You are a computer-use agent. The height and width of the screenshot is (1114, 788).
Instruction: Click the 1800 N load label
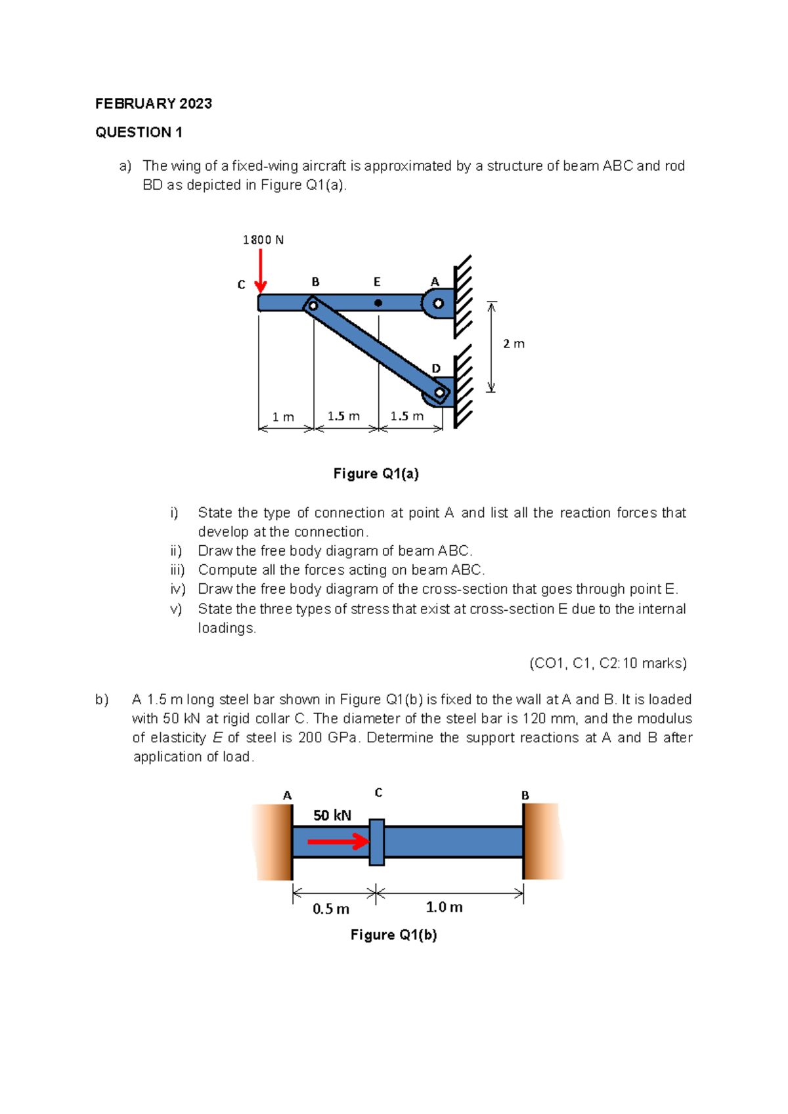pyautogui.click(x=263, y=240)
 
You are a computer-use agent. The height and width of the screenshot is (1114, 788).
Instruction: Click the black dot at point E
pyautogui.click(x=378, y=303)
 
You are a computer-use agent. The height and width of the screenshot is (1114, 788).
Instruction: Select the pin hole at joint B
pyautogui.click(x=313, y=305)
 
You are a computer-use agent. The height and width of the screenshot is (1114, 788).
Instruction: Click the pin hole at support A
pyautogui.click(x=438, y=303)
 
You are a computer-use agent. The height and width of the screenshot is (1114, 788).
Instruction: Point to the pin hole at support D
pyautogui.click(x=439, y=393)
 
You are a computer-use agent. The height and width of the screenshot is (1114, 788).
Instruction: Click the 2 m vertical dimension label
pyautogui.click(x=514, y=344)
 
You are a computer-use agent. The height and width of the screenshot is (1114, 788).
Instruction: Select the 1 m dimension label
pyautogui.click(x=283, y=417)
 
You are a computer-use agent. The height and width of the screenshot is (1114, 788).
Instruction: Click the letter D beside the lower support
pyautogui.click(x=436, y=368)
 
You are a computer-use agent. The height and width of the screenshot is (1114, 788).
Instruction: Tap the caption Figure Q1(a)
pyautogui.click(x=376, y=474)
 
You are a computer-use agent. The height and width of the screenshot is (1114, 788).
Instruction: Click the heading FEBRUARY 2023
pyautogui.click(x=154, y=104)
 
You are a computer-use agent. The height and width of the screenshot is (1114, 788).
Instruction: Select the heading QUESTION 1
pyautogui.click(x=139, y=133)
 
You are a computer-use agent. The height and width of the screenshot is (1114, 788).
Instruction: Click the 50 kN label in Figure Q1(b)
pyautogui.click(x=332, y=815)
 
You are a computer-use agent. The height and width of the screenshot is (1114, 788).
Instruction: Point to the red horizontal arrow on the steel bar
pyautogui.click(x=338, y=841)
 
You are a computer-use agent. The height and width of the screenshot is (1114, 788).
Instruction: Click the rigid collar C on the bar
pyautogui.click(x=376, y=842)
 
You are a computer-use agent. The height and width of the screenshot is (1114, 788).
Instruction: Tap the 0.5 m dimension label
pyautogui.click(x=330, y=909)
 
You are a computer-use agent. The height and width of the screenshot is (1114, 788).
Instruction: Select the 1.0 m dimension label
pyautogui.click(x=444, y=907)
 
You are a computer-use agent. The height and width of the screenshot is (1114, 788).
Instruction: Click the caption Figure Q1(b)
pyautogui.click(x=393, y=935)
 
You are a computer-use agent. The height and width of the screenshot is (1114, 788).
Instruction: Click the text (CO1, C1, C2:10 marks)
pyautogui.click(x=608, y=663)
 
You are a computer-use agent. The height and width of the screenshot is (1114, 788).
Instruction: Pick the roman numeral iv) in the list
pyautogui.click(x=177, y=589)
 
